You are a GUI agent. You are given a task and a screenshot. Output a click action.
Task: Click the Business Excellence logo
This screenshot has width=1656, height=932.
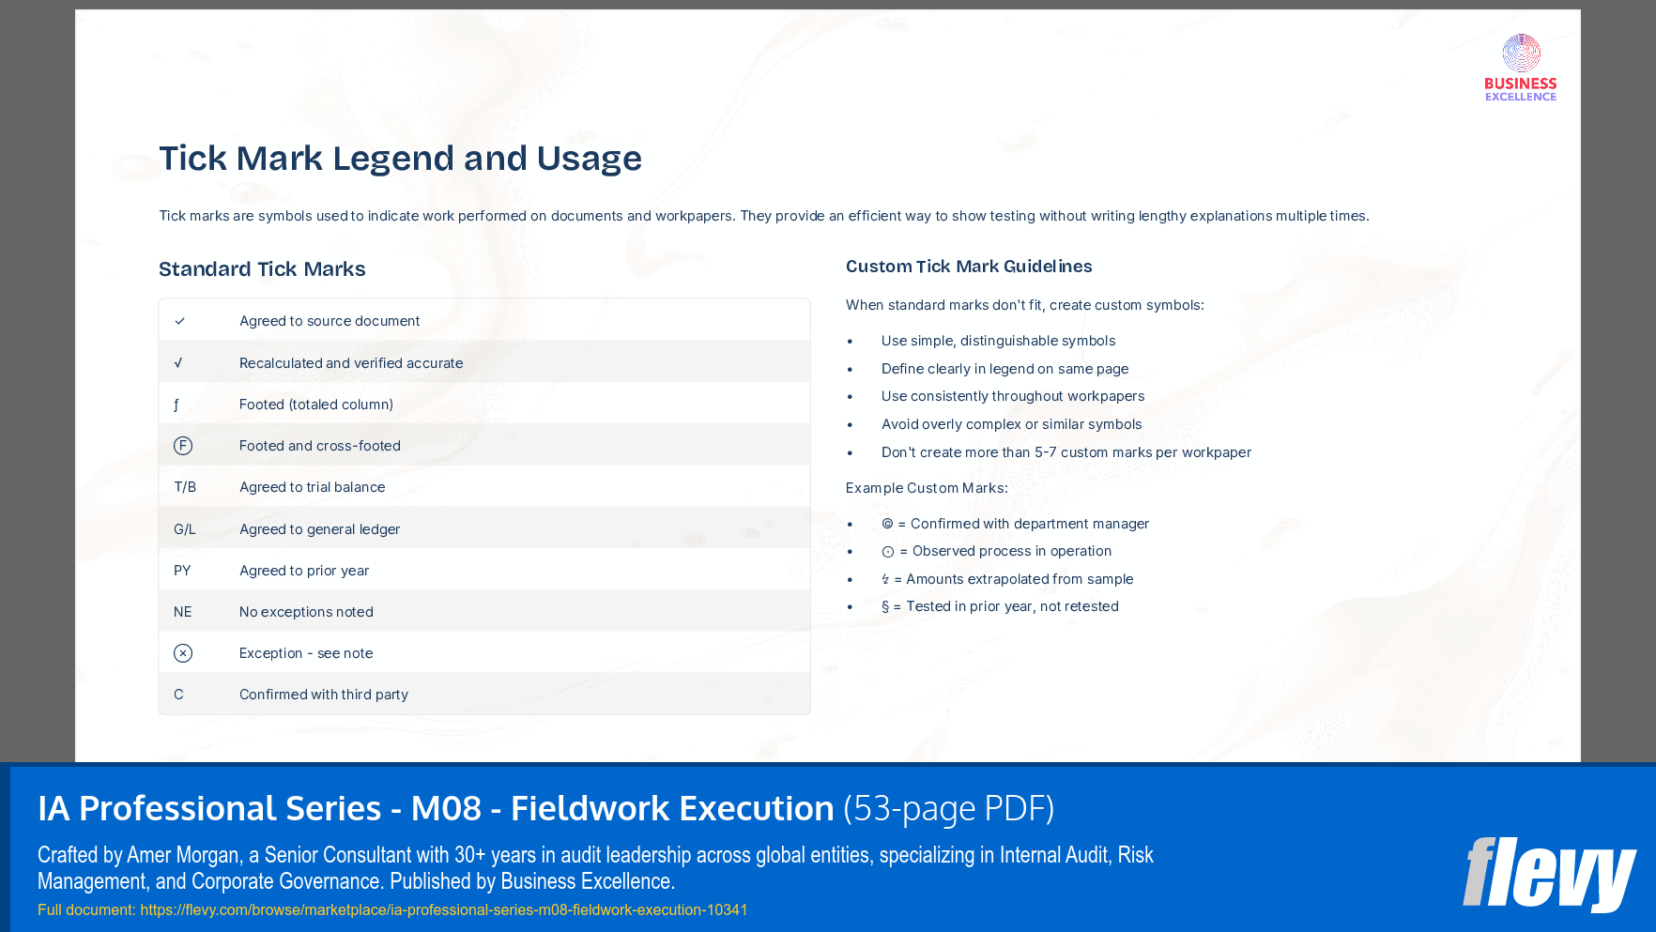1521,68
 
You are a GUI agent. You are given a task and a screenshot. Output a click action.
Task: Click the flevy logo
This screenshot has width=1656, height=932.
1548,874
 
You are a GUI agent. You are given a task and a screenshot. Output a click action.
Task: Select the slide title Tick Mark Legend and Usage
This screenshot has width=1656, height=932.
400,159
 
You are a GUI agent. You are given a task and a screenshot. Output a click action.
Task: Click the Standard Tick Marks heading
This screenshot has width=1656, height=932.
262,269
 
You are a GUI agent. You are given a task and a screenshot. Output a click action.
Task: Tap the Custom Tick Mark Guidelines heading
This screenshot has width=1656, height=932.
969,267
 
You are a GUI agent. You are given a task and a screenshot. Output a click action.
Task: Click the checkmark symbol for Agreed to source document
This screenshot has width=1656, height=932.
179,321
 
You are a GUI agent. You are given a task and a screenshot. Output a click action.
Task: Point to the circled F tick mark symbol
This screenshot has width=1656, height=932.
183,446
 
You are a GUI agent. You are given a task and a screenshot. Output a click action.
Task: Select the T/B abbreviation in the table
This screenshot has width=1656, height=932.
185,487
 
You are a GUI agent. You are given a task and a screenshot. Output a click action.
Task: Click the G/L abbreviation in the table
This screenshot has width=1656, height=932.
185,529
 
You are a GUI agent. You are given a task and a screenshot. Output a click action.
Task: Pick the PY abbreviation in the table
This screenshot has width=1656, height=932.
182,571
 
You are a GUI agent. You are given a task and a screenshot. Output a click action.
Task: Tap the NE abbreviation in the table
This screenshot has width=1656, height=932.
182,612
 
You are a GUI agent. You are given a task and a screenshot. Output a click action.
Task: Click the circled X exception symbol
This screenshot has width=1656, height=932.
183,653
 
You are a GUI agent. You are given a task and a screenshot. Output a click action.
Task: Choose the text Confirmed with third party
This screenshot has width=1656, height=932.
324,695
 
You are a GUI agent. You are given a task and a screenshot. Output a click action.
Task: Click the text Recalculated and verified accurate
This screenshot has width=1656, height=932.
351,363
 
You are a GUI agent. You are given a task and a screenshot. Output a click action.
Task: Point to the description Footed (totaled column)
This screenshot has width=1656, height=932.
316,405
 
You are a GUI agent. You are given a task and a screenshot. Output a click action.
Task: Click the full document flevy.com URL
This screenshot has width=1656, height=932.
443,909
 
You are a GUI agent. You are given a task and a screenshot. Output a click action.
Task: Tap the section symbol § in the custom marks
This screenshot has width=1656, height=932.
885,607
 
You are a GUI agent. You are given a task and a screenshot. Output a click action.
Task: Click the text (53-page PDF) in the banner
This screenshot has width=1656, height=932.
948,808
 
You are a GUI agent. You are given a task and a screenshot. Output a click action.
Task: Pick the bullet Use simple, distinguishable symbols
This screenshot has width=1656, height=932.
998,341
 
